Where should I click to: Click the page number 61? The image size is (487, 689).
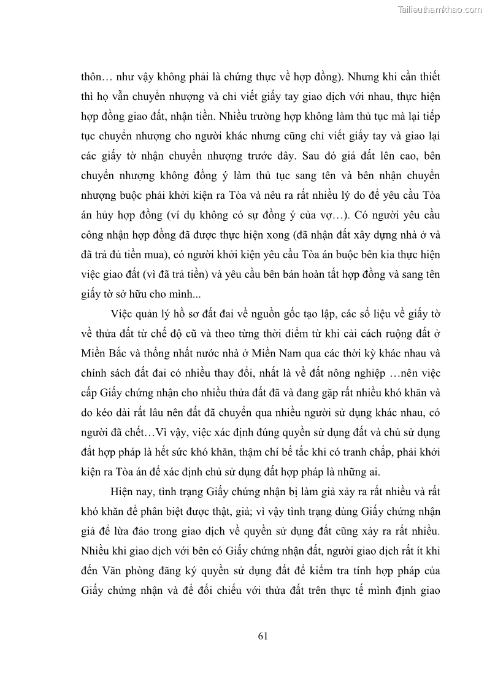[263, 636]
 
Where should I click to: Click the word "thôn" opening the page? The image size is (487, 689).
[92, 79]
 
